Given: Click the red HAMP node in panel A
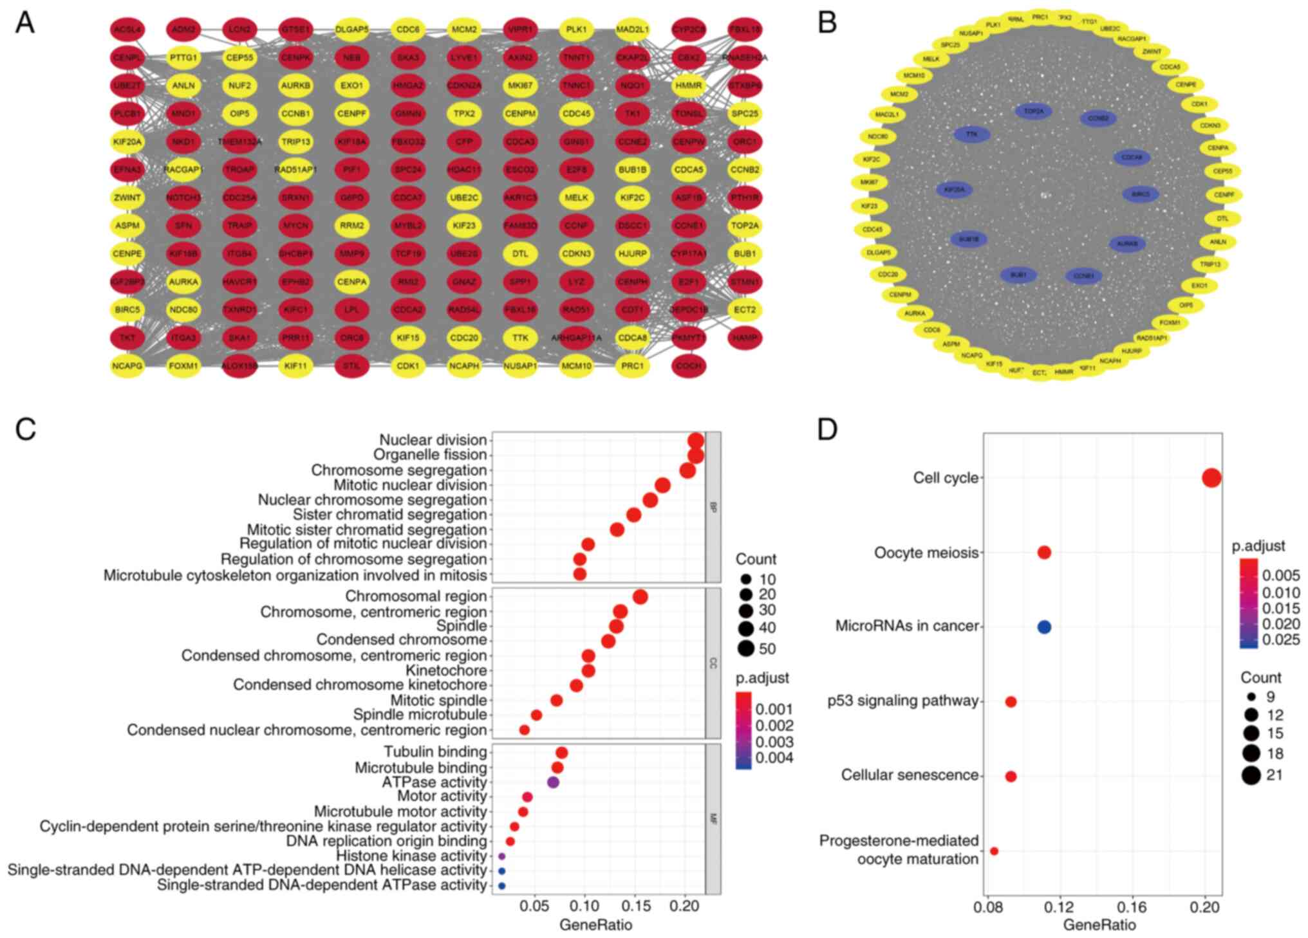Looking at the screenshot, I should [x=745, y=338].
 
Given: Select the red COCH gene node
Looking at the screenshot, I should [x=689, y=366].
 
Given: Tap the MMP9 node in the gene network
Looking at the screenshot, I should [x=351, y=253].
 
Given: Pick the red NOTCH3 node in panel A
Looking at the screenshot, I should [x=183, y=198].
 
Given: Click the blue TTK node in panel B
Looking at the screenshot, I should [x=971, y=134].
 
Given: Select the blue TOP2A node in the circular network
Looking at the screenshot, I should [x=1034, y=111].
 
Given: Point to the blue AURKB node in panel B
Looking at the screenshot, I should [x=1127, y=244].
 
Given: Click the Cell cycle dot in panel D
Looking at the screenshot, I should [x=1211, y=478].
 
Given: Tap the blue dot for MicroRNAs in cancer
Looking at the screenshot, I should [x=1044, y=627].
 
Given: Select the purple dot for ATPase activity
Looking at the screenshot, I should [x=553, y=782].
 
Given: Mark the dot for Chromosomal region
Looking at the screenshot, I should [x=640, y=597].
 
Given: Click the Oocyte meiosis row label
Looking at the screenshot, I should [x=926, y=553].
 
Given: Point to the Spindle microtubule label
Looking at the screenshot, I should [x=420, y=715].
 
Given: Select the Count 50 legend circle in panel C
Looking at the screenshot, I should [x=746, y=648].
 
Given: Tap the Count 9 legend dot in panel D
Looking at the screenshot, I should [x=1251, y=697].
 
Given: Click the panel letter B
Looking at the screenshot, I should [x=827, y=23].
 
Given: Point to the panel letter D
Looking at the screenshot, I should [x=827, y=430].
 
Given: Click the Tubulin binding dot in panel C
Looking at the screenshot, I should [x=561, y=753].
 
